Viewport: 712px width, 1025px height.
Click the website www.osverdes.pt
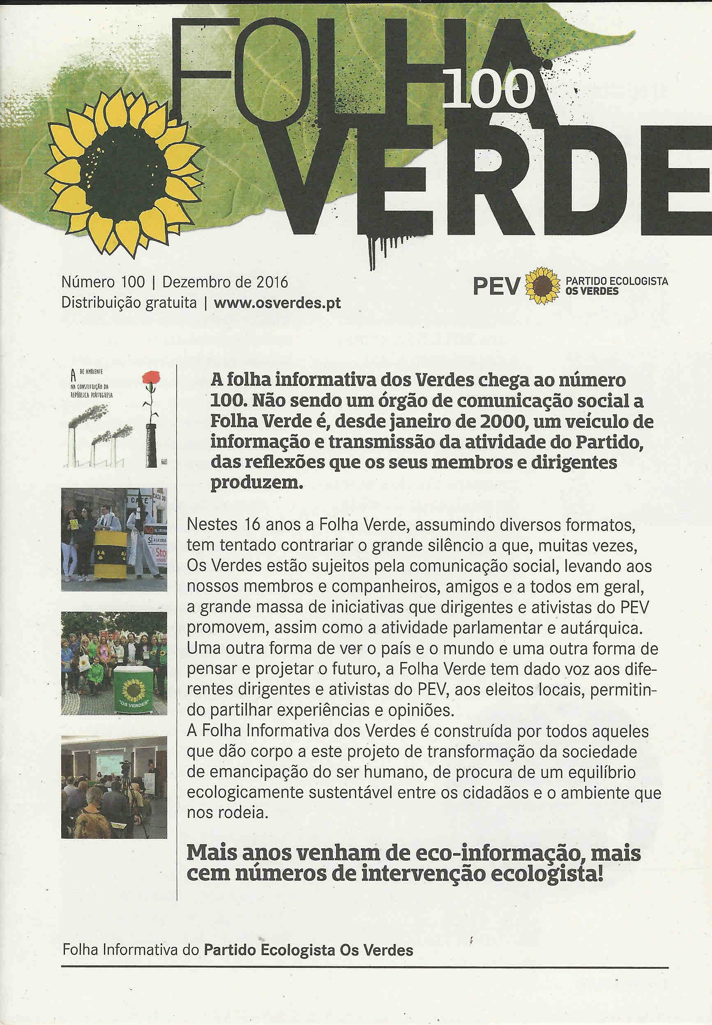click(277, 303)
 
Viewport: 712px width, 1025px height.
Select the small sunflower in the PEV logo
click(542, 286)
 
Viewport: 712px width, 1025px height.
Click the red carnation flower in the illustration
click(152, 379)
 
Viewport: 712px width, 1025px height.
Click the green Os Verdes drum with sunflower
click(133, 690)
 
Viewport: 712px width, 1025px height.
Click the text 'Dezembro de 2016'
click(225, 282)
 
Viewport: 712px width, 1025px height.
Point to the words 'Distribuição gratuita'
click(129, 303)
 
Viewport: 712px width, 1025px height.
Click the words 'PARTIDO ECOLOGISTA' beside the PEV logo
click(617, 281)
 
